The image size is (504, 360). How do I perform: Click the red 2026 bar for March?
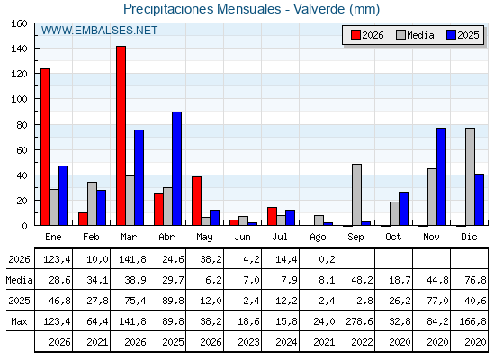(121, 136)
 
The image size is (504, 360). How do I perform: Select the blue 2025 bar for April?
(176, 168)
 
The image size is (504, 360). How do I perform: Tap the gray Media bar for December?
(470, 176)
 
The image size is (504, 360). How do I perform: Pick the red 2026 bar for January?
(45, 147)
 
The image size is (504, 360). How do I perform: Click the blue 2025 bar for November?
(441, 176)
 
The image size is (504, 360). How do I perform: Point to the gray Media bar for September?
(356, 194)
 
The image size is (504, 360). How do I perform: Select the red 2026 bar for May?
(197, 201)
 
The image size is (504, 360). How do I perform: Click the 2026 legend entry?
(367, 35)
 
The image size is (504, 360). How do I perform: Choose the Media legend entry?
(415, 35)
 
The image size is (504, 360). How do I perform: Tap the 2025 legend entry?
(463, 35)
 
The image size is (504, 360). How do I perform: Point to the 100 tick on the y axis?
(19, 99)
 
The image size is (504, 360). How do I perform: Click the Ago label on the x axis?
(318, 238)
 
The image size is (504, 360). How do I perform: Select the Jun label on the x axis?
(242, 238)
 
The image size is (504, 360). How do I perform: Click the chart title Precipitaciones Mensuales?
(202, 9)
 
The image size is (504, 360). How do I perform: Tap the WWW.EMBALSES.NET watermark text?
(99, 31)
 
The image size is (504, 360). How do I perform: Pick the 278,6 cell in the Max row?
(359, 321)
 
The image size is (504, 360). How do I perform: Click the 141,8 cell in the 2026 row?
(133, 259)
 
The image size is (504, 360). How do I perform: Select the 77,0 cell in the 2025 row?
(437, 301)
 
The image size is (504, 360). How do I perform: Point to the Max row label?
(19, 321)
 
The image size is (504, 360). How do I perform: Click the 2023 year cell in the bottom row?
(248, 342)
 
